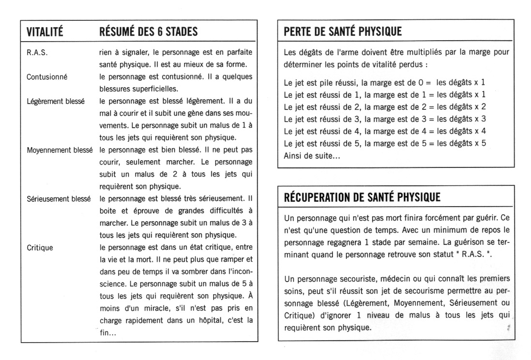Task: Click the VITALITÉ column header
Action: pos(44,32)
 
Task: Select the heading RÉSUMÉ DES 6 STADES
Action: pos(148,32)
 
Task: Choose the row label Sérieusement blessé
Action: pos(59,198)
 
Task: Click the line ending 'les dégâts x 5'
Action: pos(384,143)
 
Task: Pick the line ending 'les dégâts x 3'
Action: pos(384,119)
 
